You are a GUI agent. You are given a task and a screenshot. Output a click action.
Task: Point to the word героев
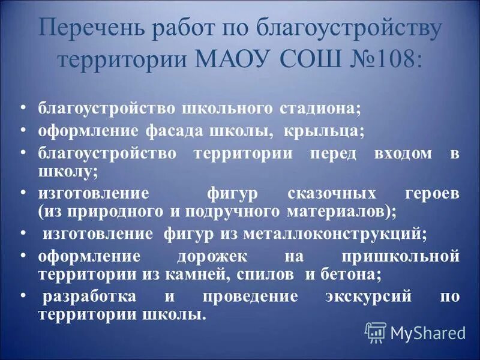(430, 194)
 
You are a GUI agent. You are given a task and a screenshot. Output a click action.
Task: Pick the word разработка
(89, 297)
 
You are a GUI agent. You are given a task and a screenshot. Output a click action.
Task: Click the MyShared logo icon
(376, 332)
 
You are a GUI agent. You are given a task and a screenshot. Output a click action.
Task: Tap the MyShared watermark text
(427, 332)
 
